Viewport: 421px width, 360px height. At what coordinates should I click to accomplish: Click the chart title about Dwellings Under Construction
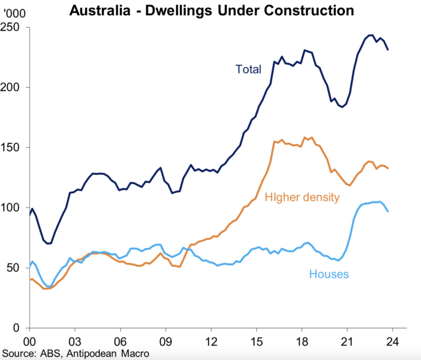[210, 9]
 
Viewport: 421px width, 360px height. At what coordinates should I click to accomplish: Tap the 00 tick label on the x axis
[29, 340]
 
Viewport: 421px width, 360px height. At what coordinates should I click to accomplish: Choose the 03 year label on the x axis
[75, 340]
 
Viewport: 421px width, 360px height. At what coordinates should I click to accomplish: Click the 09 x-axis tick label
[166, 340]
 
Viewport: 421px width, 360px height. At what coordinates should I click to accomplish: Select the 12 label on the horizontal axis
[211, 340]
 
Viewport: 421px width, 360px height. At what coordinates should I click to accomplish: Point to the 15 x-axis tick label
[256, 340]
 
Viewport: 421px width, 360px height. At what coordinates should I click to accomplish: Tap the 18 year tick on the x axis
[302, 340]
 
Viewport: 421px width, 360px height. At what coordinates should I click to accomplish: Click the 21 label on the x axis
[347, 340]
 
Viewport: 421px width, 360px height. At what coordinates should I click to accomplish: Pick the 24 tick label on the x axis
[392, 340]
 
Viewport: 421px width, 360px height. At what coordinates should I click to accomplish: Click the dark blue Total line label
[248, 69]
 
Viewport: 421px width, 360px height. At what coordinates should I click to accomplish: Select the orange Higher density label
[302, 197]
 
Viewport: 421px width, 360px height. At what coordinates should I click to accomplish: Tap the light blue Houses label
[329, 274]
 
